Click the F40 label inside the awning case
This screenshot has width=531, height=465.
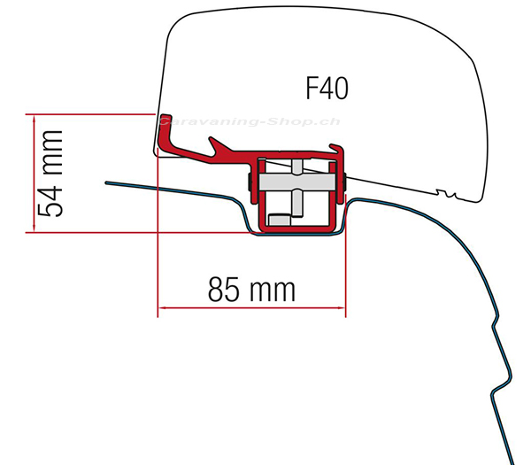coord(327,89)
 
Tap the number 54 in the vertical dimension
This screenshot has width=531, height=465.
coord(50,200)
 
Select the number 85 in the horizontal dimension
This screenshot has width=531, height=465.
coord(223,289)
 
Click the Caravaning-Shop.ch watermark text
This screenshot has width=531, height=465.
coord(250,121)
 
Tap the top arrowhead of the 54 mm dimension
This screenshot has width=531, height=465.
coord(34,118)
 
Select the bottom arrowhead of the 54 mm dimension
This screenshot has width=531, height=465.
coord(34,229)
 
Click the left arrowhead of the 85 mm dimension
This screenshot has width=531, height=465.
coord(162,307)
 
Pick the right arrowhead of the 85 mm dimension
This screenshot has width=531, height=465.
coord(342,307)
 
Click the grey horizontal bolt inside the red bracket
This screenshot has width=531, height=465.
coord(297,182)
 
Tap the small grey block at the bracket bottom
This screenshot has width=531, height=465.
coord(280,220)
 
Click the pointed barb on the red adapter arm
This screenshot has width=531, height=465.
coord(212,139)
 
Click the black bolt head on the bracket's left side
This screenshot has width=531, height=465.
coord(250,182)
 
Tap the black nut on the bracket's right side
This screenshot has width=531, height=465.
coord(344,182)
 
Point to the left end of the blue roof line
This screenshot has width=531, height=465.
coord(107,183)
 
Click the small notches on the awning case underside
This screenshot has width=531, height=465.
coord(446,194)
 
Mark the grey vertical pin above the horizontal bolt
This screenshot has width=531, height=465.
coord(297,167)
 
